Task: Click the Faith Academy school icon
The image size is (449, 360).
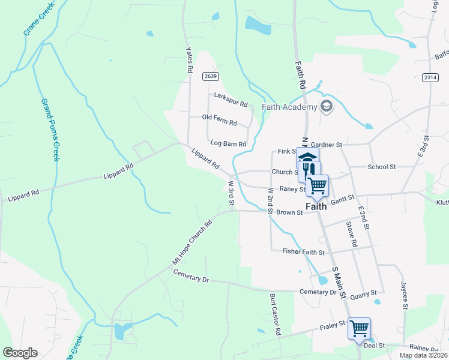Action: click(327, 107)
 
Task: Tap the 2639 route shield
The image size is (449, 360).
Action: click(210, 76)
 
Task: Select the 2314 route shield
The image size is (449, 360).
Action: click(430, 77)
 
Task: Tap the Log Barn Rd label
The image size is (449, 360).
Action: click(228, 144)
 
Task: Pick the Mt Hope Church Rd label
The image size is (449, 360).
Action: click(193, 242)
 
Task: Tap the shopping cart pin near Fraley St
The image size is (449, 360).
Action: click(359, 328)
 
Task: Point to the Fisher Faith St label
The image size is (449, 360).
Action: click(303, 253)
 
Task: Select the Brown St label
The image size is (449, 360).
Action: click(289, 212)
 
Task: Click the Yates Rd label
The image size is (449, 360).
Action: click(189, 60)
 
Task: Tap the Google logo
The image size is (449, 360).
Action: click(20, 353)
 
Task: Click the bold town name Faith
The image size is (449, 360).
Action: click(316, 206)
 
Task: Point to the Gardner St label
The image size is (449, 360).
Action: click(327, 145)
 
